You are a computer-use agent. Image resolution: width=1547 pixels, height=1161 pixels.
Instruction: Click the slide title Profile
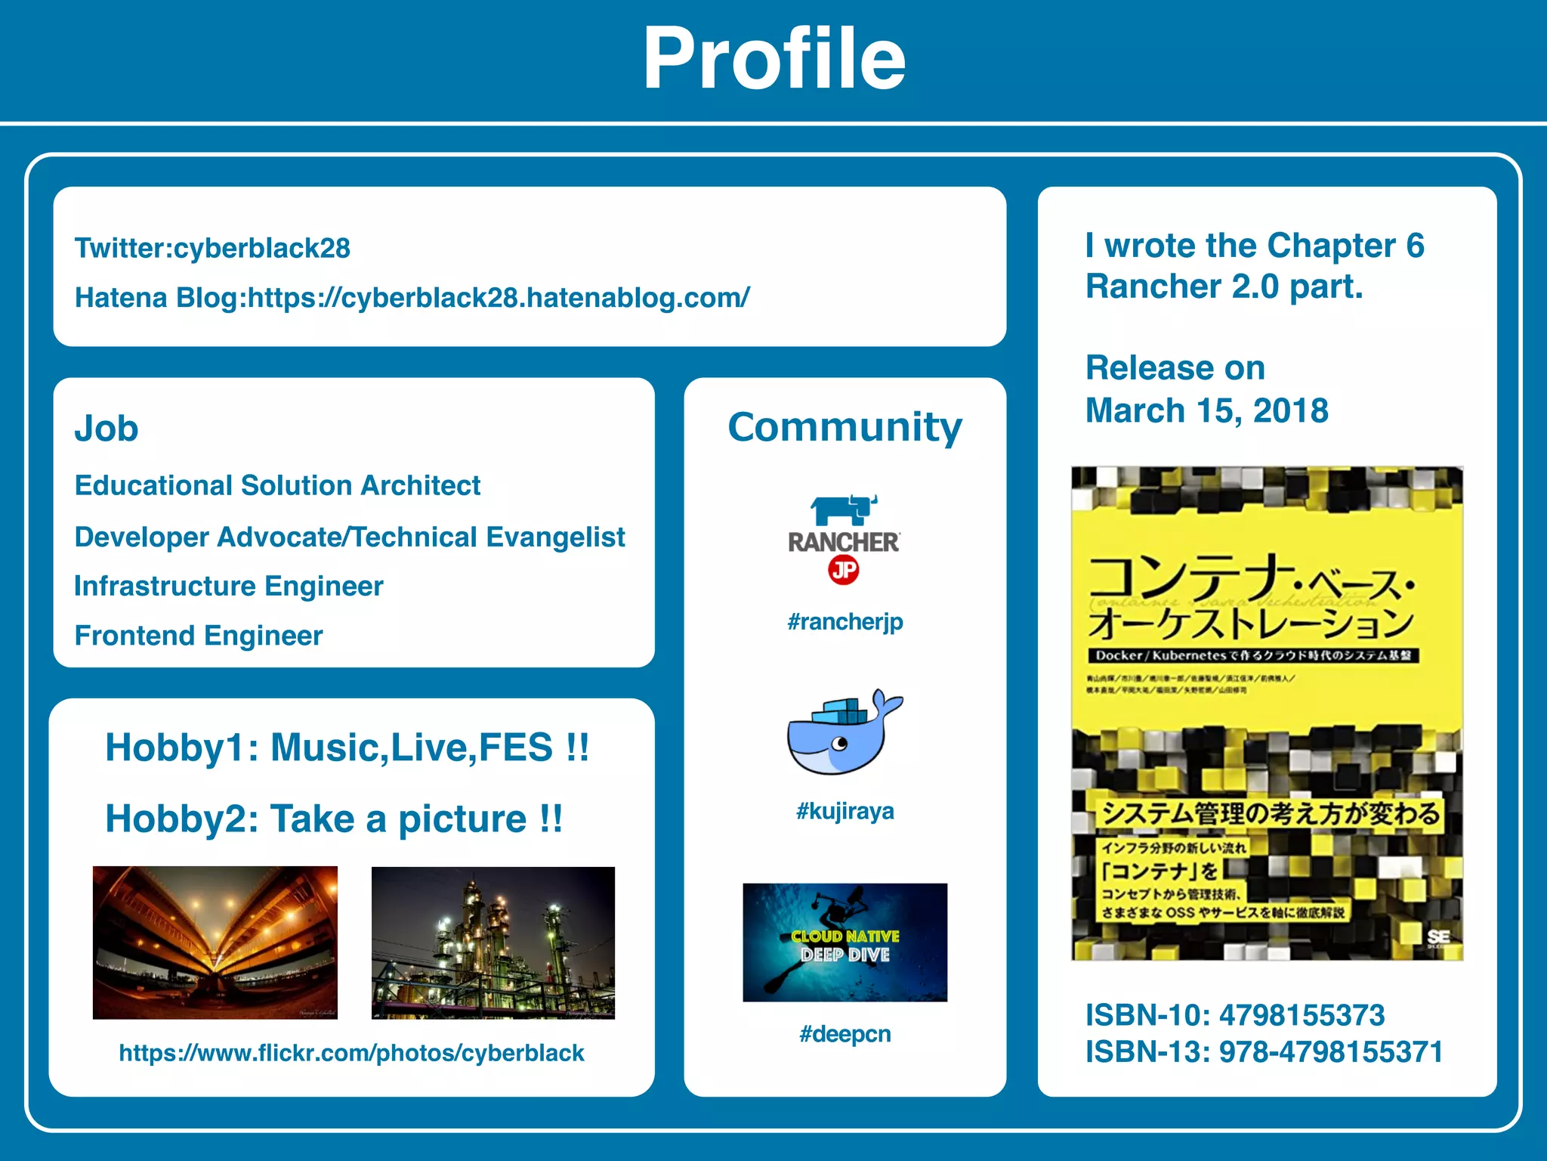tap(773, 59)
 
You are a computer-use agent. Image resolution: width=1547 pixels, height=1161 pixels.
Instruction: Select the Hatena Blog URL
tap(499, 298)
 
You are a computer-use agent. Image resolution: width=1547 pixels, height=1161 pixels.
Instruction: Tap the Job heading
tap(107, 429)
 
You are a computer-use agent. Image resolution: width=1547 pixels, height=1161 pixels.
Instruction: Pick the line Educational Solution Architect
tap(277, 485)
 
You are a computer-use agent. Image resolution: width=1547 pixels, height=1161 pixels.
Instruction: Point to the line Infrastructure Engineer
tap(229, 587)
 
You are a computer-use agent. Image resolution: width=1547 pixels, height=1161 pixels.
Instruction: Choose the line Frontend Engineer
tap(199, 636)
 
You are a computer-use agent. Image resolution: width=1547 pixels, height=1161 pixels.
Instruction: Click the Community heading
tap(845, 427)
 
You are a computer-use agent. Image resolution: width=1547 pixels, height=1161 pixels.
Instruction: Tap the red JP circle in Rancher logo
tap(844, 570)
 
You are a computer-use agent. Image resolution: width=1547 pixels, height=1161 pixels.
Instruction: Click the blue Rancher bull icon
tap(842, 509)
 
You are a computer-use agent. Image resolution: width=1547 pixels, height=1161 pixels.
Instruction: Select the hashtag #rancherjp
tap(845, 622)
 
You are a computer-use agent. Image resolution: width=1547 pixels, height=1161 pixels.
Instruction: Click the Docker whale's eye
tap(839, 744)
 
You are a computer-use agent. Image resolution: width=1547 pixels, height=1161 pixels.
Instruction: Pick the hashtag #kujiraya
tap(845, 811)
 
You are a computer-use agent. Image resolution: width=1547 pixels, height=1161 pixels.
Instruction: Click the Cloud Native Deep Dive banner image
tap(845, 943)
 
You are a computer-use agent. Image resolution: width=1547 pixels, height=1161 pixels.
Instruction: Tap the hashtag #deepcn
tap(845, 1034)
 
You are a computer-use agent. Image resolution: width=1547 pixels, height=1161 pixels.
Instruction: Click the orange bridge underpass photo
tap(215, 943)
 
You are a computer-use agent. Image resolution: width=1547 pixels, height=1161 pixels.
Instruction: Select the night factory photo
tap(493, 943)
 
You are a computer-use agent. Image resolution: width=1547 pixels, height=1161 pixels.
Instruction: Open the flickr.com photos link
tap(351, 1053)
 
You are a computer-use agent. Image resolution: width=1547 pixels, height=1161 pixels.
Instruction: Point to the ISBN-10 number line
tap(1234, 1015)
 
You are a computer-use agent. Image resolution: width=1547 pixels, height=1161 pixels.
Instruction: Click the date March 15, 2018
tap(1206, 411)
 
